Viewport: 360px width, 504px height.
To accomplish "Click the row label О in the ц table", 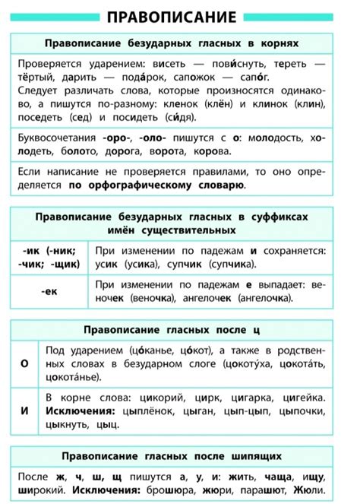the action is click(24, 364).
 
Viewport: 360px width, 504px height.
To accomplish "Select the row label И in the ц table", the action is click(24, 410).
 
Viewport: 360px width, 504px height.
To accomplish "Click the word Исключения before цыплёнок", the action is click(77, 411).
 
